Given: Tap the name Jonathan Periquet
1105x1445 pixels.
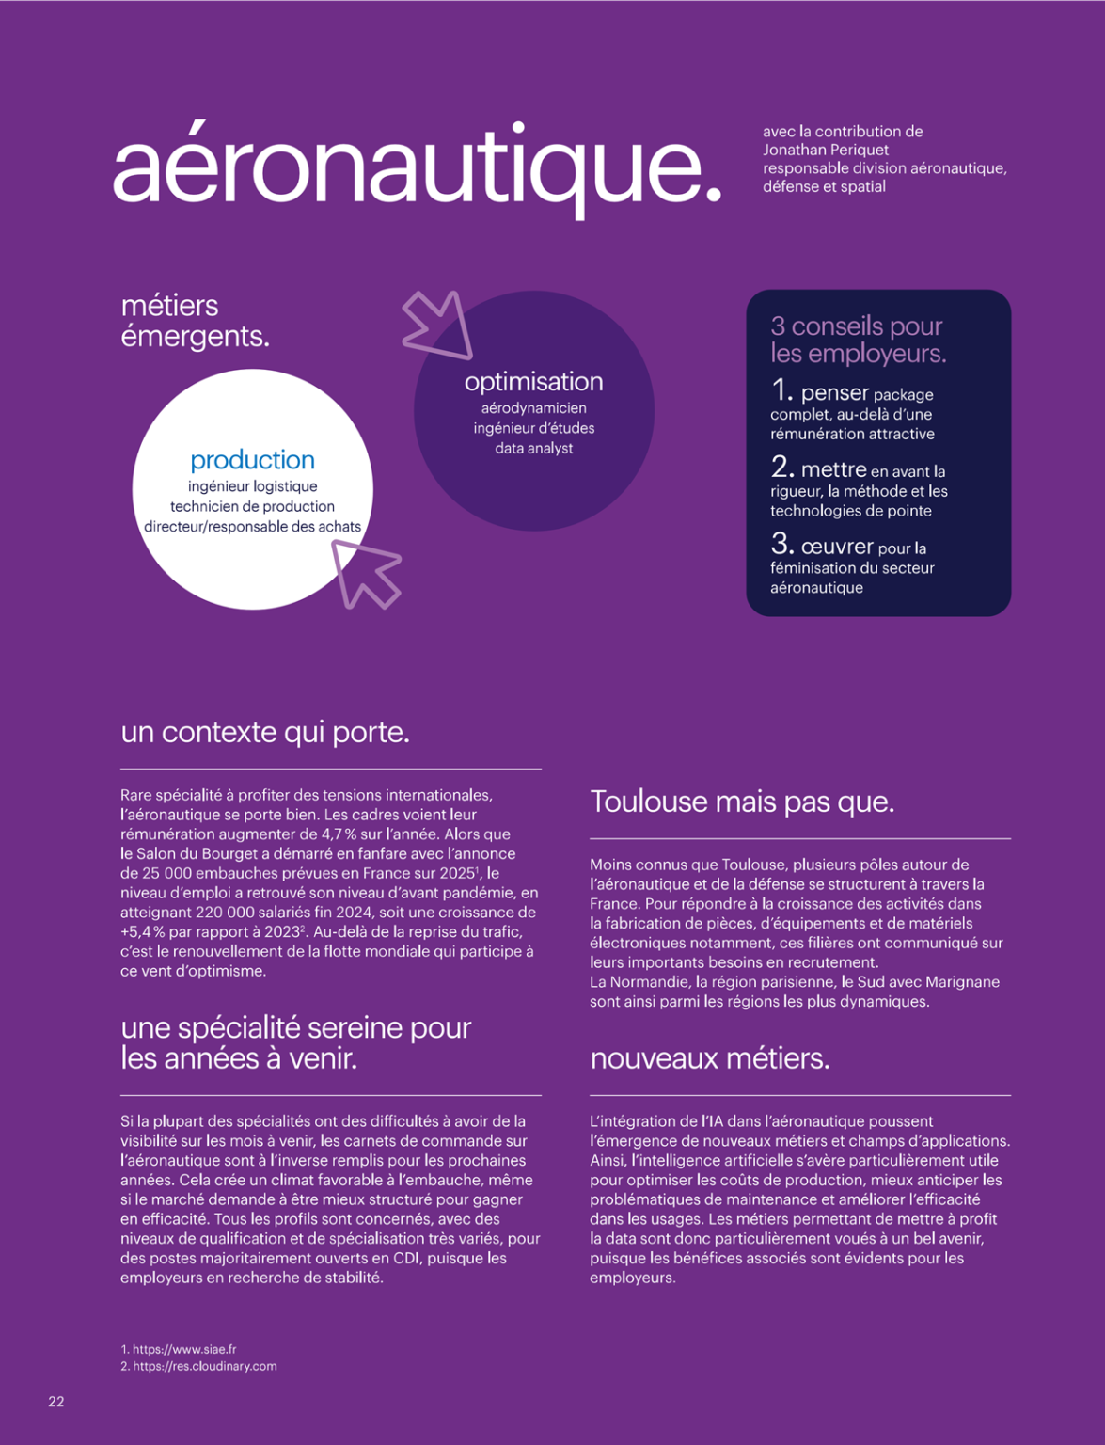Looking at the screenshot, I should click(825, 150).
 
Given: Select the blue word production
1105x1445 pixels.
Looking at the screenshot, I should click(252, 460).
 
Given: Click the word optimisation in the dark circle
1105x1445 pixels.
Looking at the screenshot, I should click(533, 382).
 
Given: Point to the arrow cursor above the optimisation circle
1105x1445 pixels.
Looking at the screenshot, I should click(439, 324).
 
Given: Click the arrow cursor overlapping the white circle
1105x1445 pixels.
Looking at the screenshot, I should click(366, 572).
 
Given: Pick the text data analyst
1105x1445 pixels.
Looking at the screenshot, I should click(533, 449).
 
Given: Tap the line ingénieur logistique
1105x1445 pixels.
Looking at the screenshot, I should click(252, 486).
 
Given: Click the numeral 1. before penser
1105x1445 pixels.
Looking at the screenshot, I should click(782, 390).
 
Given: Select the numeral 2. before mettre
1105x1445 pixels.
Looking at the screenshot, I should click(782, 468).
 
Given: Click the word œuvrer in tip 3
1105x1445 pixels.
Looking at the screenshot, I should click(837, 547).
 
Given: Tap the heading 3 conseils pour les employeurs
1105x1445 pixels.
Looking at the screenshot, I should click(858, 340).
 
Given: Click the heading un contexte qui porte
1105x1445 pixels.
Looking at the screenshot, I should click(265, 732).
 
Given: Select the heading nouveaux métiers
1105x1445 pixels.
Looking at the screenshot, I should click(709, 1059).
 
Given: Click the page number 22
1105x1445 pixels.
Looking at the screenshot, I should click(56, 1402).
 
